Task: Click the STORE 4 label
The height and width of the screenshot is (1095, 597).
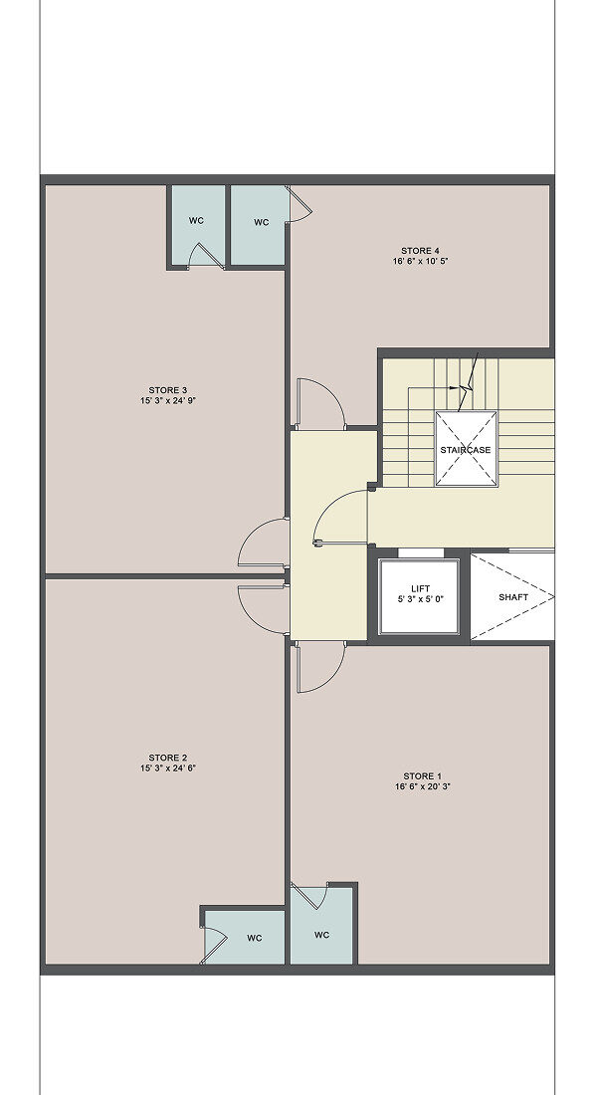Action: click(420, 251)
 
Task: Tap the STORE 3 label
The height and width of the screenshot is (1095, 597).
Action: click(167, 389)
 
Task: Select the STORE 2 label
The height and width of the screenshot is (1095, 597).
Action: click(167, 758)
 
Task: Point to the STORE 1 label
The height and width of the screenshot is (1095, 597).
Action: click(423, 775)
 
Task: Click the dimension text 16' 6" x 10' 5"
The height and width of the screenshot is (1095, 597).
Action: click(420, 261)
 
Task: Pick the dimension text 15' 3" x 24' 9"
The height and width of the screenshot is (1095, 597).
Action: click(167, 400)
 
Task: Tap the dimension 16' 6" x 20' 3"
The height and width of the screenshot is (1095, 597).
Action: click(423, 786)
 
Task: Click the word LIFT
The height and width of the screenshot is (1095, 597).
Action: click(420, 588)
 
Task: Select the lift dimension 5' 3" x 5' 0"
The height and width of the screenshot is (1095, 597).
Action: click(420, 598)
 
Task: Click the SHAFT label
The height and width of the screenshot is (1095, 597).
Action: click(513, 597)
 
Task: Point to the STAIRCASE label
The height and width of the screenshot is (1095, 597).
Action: click(465, 450)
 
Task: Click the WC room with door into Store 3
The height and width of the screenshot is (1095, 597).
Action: click(197, 226)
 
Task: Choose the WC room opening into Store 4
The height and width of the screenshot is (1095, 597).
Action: click(259, 225)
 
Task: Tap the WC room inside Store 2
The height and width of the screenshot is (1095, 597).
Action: click(245, 937)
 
